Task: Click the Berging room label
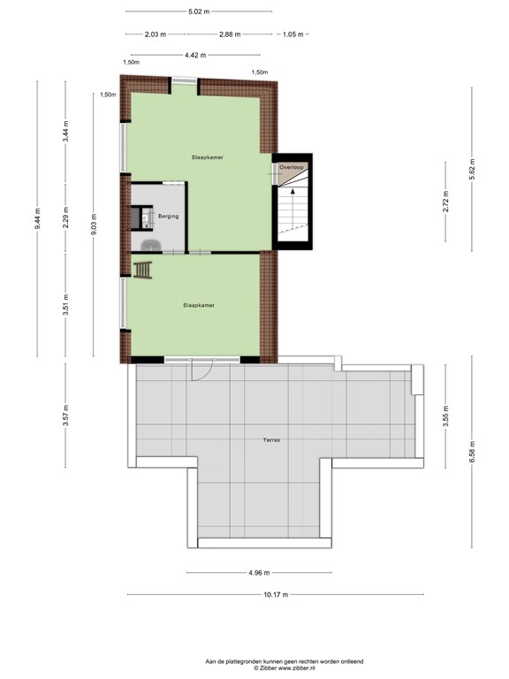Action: tap(169, 216)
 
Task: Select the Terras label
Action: tap(272, 439)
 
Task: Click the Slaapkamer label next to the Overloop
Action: tap(207, 156)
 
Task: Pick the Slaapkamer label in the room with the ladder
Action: tap(199, 305)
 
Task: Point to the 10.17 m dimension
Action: tap(276, 595)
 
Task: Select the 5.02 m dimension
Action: tap(199, 12)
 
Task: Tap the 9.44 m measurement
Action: tap(37, 218)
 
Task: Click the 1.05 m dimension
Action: tap(292, 34)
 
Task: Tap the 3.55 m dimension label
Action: tap(447, 421)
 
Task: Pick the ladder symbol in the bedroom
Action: tap(142, 269)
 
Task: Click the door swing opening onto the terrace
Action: tap(201, 371)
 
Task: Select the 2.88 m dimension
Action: tap(230, 34)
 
